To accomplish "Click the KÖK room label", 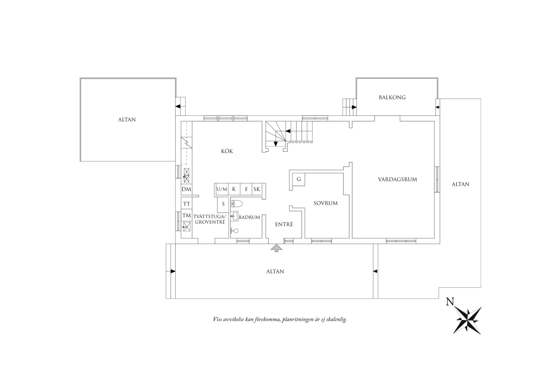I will pos(227,151).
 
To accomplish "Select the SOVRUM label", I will pos(325,203).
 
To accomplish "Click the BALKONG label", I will pos(392,97).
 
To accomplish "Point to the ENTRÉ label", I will pos(284,224).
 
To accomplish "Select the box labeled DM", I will pos(186,189).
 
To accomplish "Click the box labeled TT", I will pos(187,204).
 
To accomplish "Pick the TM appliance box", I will pos(187,216).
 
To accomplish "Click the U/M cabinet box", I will pos(221,189).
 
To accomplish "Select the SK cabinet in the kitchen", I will pos(257,189).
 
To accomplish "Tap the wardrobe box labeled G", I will pos(299,179).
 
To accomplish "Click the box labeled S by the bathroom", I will pos(223,204).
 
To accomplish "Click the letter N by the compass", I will pos(450,302).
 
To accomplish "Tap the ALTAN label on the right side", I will pos(460,184).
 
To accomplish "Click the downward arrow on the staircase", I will pos(276,144).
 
